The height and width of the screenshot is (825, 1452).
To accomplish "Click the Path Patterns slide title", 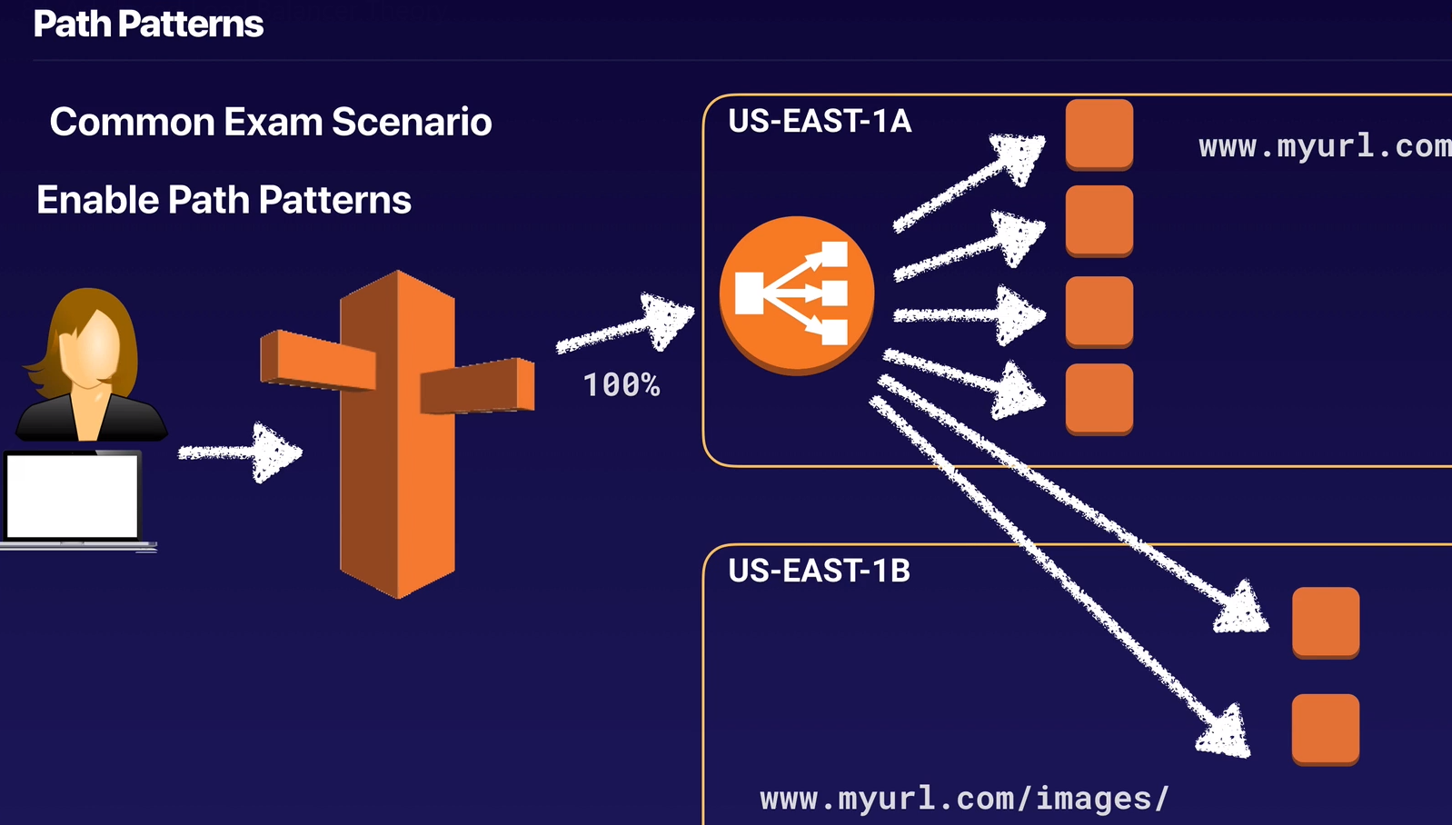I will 148,25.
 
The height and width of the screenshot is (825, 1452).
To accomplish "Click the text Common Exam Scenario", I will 271,122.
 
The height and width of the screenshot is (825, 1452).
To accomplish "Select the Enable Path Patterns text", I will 224,200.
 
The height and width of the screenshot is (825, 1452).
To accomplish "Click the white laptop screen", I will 72,496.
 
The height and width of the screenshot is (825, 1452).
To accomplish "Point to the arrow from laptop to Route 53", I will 241,452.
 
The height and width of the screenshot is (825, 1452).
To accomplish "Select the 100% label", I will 622,385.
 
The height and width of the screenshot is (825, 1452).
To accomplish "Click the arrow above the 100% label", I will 627,325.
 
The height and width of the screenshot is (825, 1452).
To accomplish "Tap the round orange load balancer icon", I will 796,294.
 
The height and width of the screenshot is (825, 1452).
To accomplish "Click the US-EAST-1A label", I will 819,121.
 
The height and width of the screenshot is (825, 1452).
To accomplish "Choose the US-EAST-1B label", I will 819,571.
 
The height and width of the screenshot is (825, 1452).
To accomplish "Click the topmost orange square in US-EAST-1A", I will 1099,134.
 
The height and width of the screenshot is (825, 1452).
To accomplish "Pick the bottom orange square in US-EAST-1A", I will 1099,398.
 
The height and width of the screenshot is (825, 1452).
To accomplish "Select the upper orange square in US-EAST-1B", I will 1325,621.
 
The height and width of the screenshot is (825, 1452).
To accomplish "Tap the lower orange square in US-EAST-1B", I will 1325,729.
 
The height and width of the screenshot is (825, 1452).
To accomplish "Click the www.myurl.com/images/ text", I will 964,798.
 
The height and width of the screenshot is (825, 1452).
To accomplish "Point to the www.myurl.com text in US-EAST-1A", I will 1324,145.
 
